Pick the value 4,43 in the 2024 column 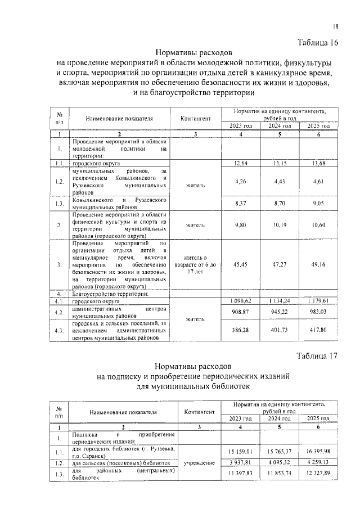coord(279,181)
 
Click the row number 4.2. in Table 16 coord(58,312)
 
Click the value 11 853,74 coord(279,475)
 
